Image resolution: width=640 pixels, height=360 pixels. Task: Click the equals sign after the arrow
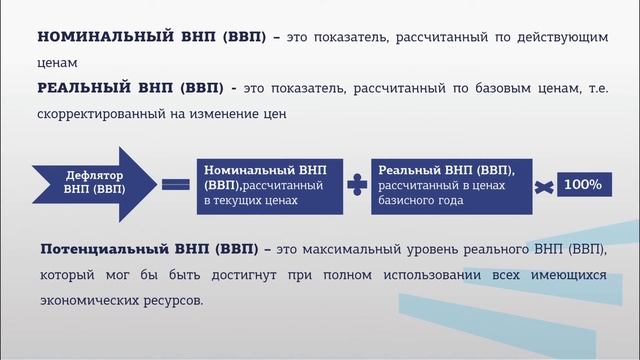(x=175, y=184)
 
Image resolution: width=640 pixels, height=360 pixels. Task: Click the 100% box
(x=582, y=185)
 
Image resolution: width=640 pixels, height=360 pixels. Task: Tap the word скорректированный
(x=103, y=113)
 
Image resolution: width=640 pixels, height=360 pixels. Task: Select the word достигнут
(x=240, y=273)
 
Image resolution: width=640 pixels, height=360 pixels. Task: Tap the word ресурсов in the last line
(x=169, y=298)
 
